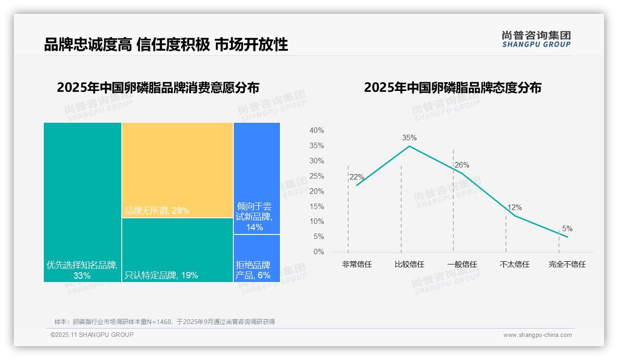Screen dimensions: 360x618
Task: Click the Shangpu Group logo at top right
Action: pos(536,39)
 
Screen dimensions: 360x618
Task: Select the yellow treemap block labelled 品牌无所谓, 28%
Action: pos(178,170)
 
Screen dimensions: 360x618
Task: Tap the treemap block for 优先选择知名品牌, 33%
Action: pos(83,202)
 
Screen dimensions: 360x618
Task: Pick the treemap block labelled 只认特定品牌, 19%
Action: pos(178,250)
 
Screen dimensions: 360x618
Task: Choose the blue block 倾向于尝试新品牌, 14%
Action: pos(256,179)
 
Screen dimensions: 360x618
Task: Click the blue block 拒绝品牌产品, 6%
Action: pos(256,258)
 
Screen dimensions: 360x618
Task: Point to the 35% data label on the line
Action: pos(409,138)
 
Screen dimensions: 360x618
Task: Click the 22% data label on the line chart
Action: pos(357,177)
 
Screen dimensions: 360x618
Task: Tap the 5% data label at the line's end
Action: pos(567,229)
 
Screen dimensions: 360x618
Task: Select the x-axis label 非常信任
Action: pos(357,264)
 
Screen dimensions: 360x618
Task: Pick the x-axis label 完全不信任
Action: pos(567,264)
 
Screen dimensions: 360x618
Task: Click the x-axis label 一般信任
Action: pos(462,264)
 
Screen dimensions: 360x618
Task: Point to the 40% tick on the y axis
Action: pos(316,131)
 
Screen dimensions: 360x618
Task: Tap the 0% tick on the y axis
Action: pos(318,252)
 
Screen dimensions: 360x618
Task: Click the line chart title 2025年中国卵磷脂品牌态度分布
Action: pos(452,88)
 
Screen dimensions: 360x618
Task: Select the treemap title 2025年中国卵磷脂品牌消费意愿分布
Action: pos(158,88)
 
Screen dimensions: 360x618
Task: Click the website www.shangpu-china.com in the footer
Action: pos(537,335)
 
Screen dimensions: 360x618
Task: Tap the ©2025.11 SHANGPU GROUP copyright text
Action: pos(92,335)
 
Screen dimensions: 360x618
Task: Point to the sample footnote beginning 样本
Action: pos(164,322)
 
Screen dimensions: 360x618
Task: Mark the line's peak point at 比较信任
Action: pos(409,146)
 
